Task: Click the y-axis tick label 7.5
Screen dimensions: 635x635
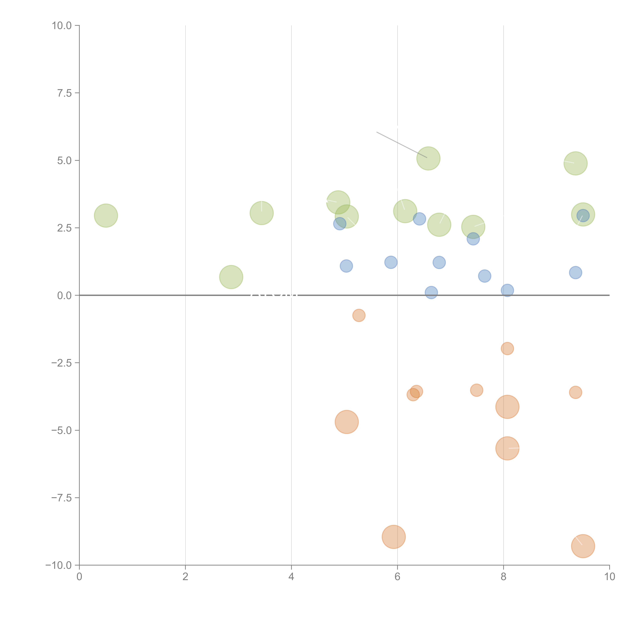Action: [64, 93]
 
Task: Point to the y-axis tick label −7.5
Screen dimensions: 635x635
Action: [62, 498]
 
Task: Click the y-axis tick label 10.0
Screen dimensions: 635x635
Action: [62, 26]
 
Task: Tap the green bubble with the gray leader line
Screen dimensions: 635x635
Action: [428, 158]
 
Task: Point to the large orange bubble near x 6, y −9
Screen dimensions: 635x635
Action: [394, 537]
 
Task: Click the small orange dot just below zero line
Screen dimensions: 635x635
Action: [359, 315]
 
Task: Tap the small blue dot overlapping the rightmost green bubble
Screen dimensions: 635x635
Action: [583, 216]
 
